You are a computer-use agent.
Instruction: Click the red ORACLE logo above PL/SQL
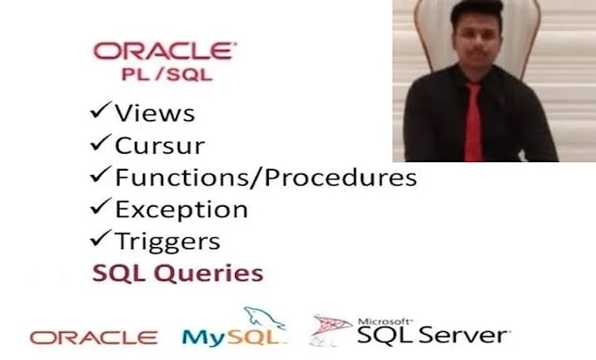(x=165, y=52)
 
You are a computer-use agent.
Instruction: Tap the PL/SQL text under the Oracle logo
(x=167, y=74)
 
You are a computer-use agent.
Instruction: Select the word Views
(x=155, y=113)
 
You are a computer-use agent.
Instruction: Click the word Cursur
(x=160, y=145)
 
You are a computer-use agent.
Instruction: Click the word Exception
(x=181, y=209)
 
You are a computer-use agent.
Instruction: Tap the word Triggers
(x=167, y=242)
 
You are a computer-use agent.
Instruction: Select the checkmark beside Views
(x=101, y=109)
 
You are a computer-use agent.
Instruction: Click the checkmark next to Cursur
(x=101, y=143)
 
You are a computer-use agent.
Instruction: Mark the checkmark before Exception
(x=101, y=206)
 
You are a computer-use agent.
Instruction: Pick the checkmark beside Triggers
(x=101, y=238)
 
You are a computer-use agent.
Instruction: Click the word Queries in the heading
(x=209, y=273)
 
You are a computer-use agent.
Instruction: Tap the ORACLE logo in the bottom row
(x=94, y=337)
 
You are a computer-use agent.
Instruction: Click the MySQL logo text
(x=234, y=337)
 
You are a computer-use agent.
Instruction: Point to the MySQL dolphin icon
(x=265, y=317)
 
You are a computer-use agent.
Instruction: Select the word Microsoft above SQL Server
(x=385, y=321)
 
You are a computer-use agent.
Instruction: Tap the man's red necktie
(x=473, y=122)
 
